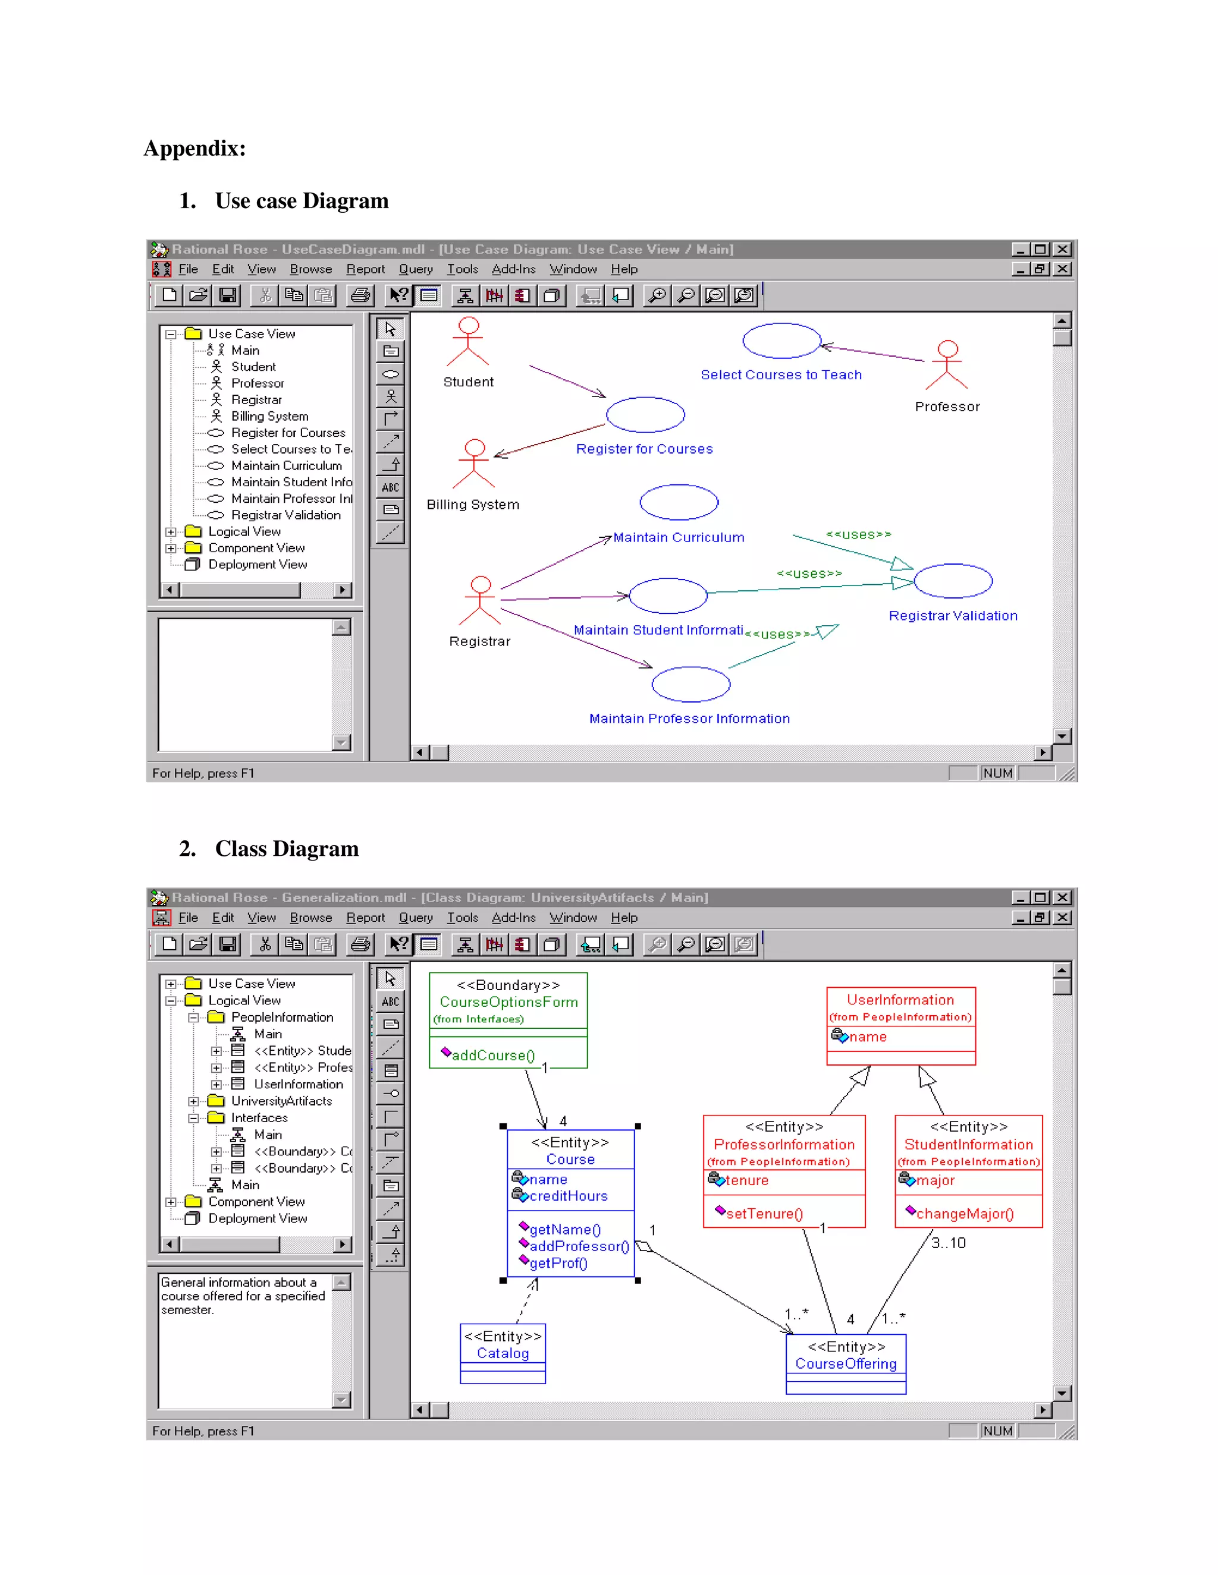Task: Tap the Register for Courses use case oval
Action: point(645,415)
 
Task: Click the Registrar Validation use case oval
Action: point(953,581)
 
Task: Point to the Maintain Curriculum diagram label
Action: point(678,537)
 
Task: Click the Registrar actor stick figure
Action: point(480,600)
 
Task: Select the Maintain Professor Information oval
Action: point(690,684)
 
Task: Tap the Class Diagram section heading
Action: point(287,848)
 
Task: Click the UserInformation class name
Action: point(900,1000)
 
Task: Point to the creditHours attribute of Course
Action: point(568,1196)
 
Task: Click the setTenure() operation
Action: point(764,1214)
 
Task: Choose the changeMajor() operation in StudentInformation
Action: point(965,1214)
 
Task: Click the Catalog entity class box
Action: point(502,1353)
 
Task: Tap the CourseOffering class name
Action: point(846,1363)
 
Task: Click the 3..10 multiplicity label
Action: point(948,1243)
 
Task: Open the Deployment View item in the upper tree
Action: point(258,565)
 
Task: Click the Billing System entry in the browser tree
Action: point(269,416)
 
